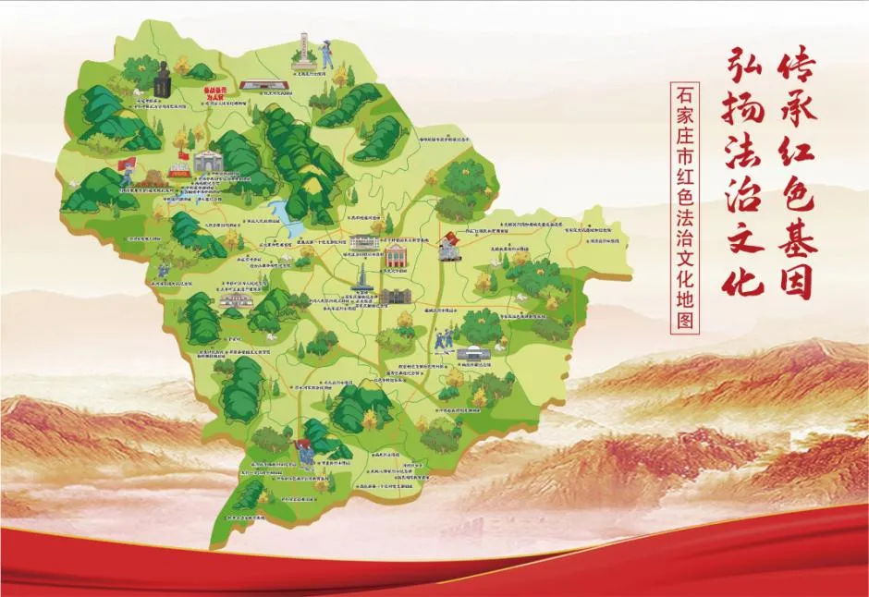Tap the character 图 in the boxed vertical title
click(685, 321)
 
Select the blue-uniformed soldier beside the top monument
click(325, 57)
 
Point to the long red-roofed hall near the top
click(264, 86)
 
